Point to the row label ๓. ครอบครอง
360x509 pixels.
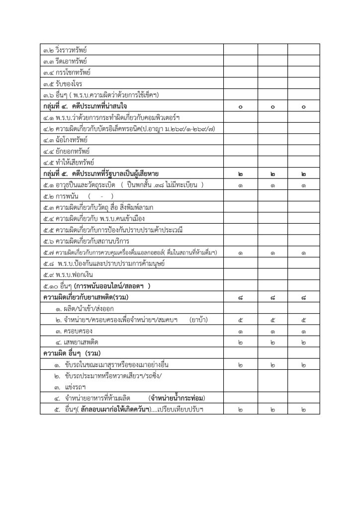pos(74,331)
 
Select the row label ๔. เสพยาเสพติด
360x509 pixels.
pos(78,342)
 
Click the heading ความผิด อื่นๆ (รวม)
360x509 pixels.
pos(72,353)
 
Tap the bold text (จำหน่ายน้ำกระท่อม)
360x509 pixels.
pos(177,398)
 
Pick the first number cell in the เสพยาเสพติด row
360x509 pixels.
pos(240,342)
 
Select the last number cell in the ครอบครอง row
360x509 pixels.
pos(303,331)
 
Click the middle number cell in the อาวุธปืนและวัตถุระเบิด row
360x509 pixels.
pos(272,185)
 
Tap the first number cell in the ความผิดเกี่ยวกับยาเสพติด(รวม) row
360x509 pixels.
pos(240,297)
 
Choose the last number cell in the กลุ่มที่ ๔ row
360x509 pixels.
pos(303,106)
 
